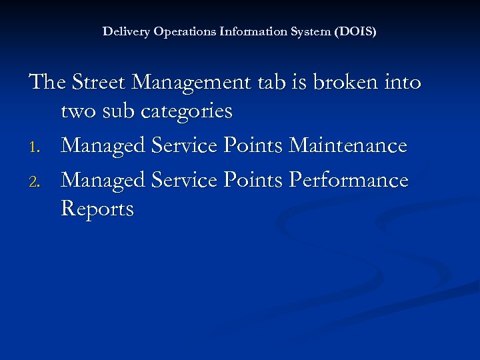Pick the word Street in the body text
tap(99, 83)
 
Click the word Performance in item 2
tap(350, 181)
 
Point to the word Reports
tap(97, 209)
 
